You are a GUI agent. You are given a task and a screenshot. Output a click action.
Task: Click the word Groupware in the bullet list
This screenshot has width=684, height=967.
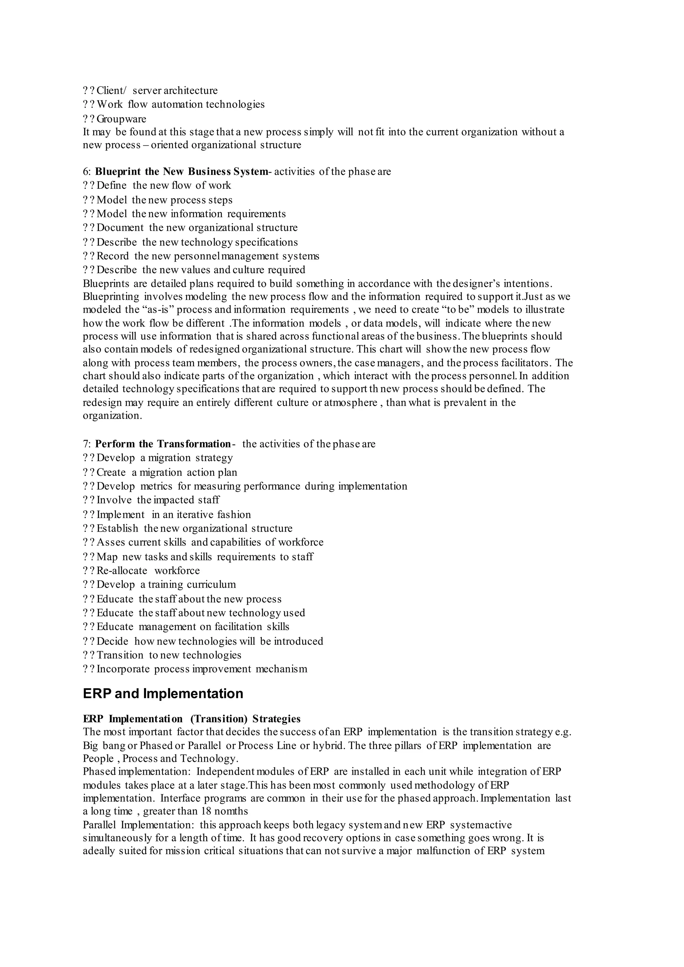pos(121,119)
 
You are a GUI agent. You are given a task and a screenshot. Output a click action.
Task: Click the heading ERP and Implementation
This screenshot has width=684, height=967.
pos(163,694)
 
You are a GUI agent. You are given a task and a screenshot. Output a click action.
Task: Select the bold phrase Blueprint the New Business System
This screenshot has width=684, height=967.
pos(181,172)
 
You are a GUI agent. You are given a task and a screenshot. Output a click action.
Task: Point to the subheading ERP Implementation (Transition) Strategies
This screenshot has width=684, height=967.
pos(192,719)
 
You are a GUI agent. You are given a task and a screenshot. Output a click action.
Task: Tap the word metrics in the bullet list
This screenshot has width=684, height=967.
pos(156,487)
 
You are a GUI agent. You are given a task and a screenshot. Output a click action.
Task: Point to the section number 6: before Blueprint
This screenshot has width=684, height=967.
pos(87,172)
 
